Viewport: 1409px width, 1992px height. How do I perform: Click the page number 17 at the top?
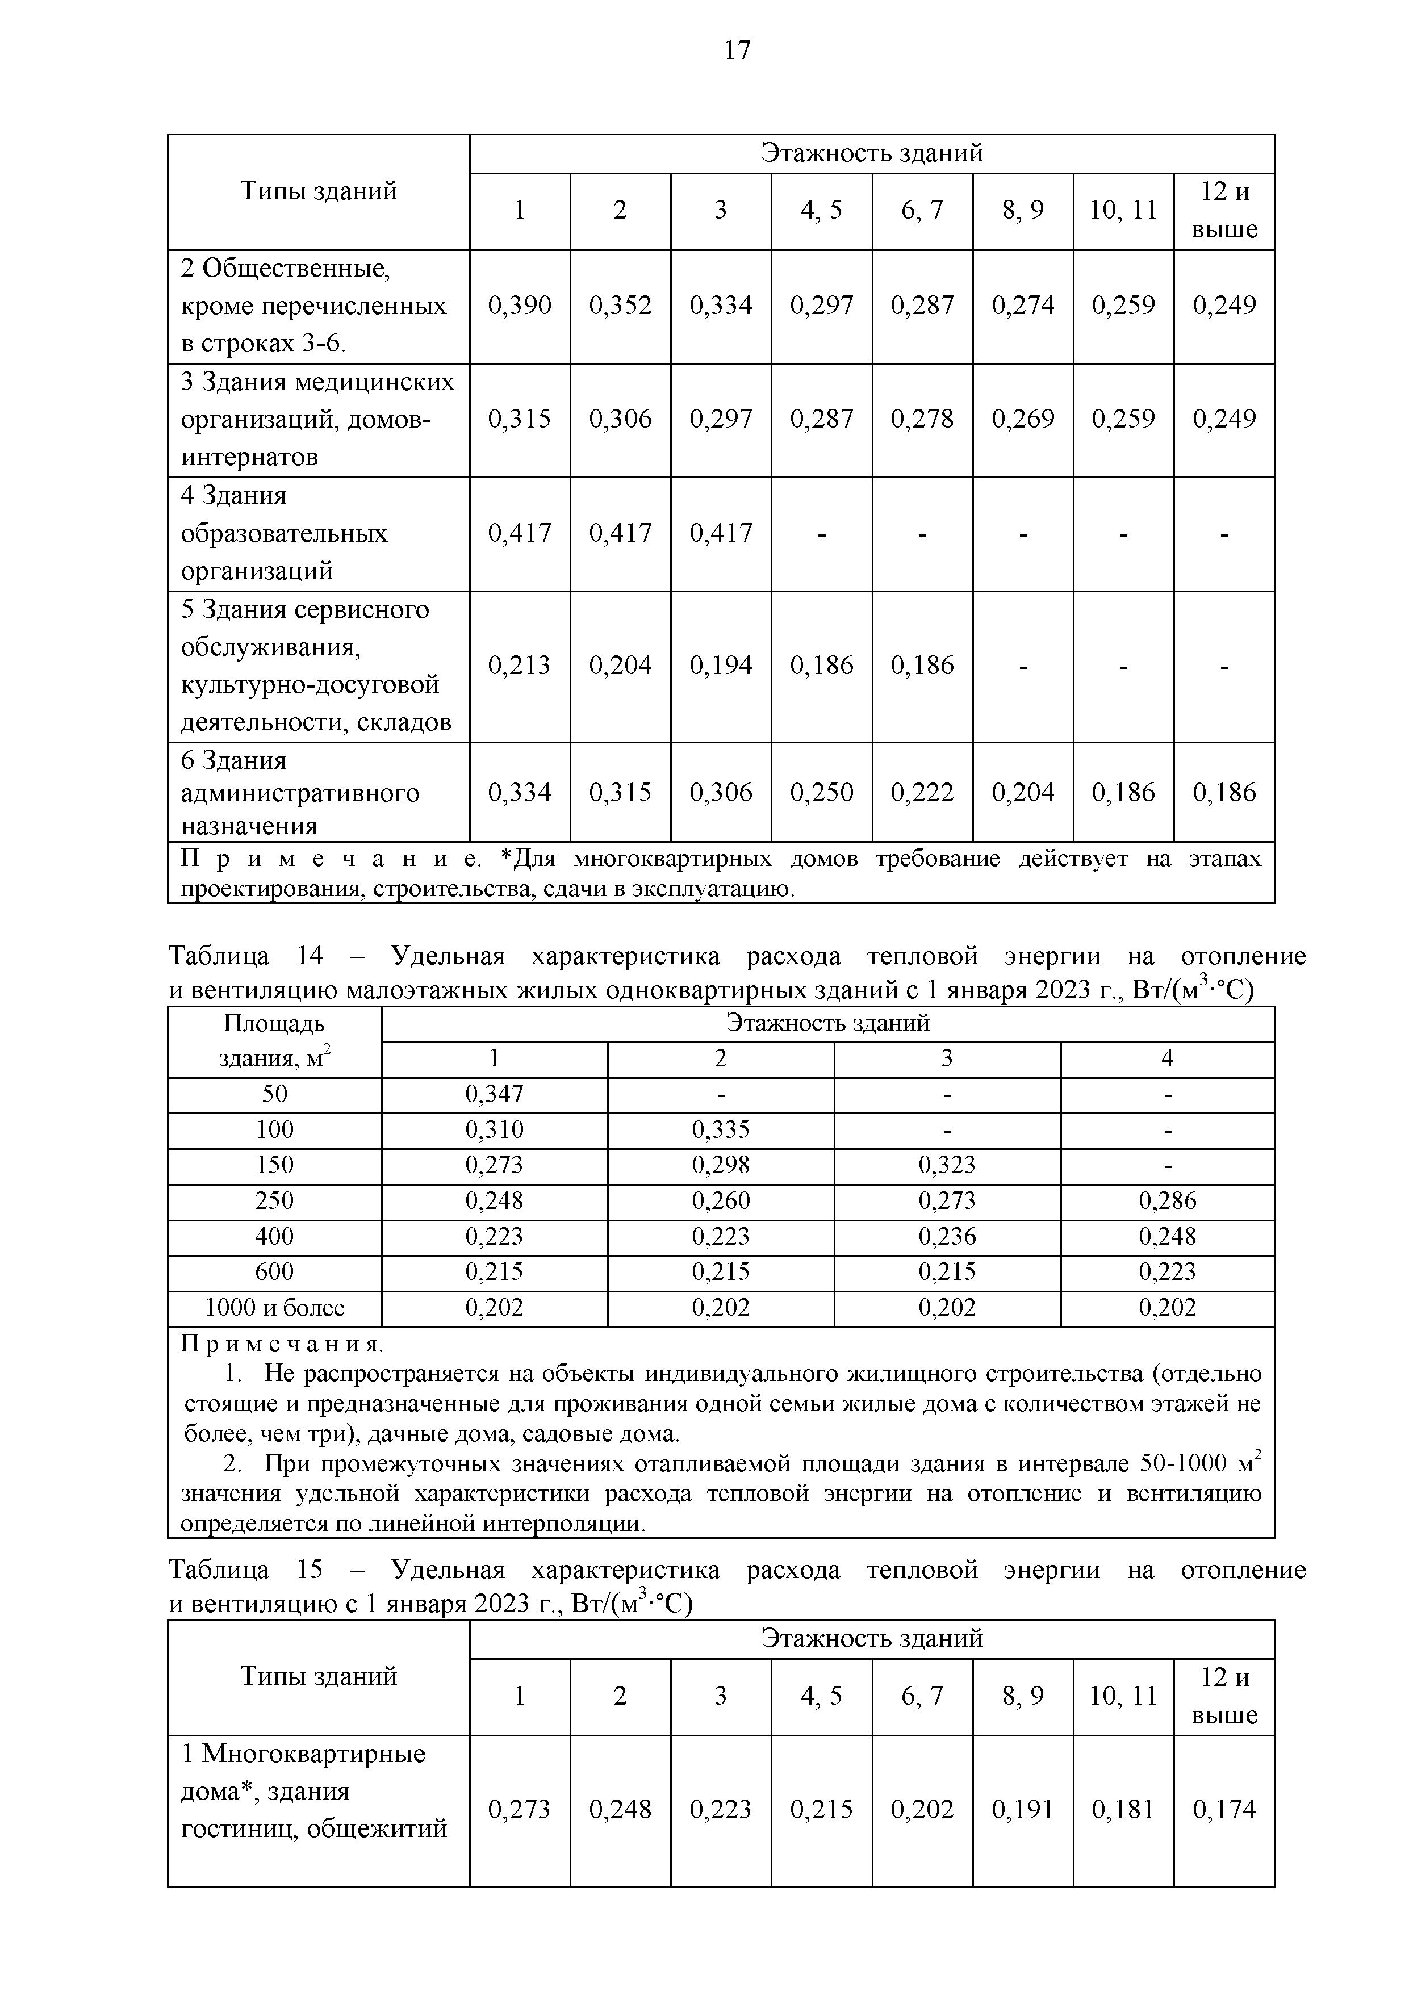(x=737, y=51)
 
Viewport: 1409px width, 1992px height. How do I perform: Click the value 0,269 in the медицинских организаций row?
(x=1022, y=419)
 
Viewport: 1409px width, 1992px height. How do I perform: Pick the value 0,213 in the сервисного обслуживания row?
(x=519, y=666)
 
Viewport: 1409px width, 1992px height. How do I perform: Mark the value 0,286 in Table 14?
(x=1167, y=1201)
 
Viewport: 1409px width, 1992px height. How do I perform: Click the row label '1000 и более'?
(x=274, y=1308)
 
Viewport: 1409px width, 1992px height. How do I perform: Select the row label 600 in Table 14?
(x=274, y=1272)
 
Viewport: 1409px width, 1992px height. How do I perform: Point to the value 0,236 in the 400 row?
(x=947, y=1236)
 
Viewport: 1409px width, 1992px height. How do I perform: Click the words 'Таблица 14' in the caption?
(x=245, y=956)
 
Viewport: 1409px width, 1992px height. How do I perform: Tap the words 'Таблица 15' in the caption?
(x=245, y=1570)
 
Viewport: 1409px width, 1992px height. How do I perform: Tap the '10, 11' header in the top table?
(x=1123, y=210)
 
